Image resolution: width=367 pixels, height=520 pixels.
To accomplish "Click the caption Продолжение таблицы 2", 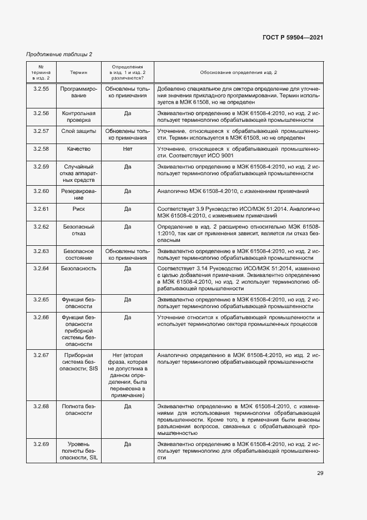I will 59,54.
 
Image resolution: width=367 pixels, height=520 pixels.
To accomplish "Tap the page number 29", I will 320,473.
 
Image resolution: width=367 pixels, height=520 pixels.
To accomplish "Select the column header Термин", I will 78,72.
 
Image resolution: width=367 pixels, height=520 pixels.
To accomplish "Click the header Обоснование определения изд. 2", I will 238,72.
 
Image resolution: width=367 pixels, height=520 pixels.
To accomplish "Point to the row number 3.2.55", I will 41,88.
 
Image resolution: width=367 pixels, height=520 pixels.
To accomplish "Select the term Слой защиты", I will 78,131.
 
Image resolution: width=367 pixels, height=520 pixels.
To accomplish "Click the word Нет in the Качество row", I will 127,148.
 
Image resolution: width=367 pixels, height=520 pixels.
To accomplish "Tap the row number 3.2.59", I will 41,166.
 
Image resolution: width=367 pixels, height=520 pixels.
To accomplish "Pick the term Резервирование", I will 78,194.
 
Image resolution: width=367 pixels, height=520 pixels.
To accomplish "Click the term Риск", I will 78,209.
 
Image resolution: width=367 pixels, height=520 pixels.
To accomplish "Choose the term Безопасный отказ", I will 78,231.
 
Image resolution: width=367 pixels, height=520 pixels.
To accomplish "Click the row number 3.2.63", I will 41,251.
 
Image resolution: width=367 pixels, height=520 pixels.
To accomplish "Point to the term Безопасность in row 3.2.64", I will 78,268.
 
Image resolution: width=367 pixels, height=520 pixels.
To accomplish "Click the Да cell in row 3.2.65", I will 127,299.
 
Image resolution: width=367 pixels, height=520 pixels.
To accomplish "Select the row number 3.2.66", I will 41,317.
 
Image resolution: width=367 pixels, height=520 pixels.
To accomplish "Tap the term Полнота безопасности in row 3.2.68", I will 78,410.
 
